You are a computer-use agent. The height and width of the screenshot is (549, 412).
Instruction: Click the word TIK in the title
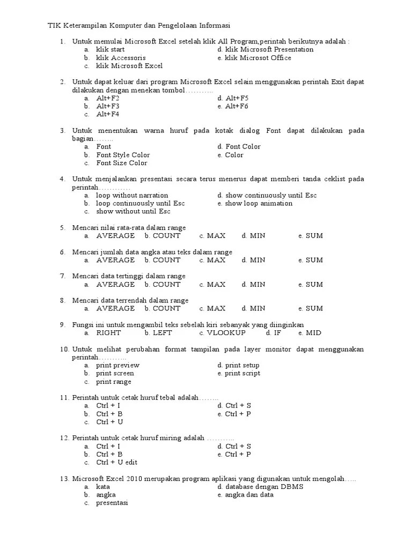click(x=54, y=25)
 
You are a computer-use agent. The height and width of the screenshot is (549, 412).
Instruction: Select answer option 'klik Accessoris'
click(x=121, y=58)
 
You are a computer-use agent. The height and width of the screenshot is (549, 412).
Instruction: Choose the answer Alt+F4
click(x=108, y=114)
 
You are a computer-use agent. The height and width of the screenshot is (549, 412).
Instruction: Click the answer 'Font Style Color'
click(x=123, y=155)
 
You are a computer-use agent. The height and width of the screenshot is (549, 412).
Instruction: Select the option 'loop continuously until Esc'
click(x=141, y=203)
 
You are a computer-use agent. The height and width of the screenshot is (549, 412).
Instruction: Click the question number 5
click(x=62, y=228)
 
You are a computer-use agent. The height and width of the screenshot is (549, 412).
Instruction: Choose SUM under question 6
click(x=314, y=260)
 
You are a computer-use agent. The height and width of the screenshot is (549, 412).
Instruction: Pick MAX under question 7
click(x=216, y=284)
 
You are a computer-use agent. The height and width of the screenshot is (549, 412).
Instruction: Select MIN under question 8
click(x=257, y=308)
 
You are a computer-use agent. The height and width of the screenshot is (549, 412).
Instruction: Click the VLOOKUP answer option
click(x=226, y=332)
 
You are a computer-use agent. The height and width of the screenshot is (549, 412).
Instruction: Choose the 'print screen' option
click(x=115, y=373)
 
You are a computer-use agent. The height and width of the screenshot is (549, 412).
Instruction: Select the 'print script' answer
click(x=242, y=373)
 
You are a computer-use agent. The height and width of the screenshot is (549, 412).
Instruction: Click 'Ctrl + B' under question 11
click(x=109, y=414)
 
